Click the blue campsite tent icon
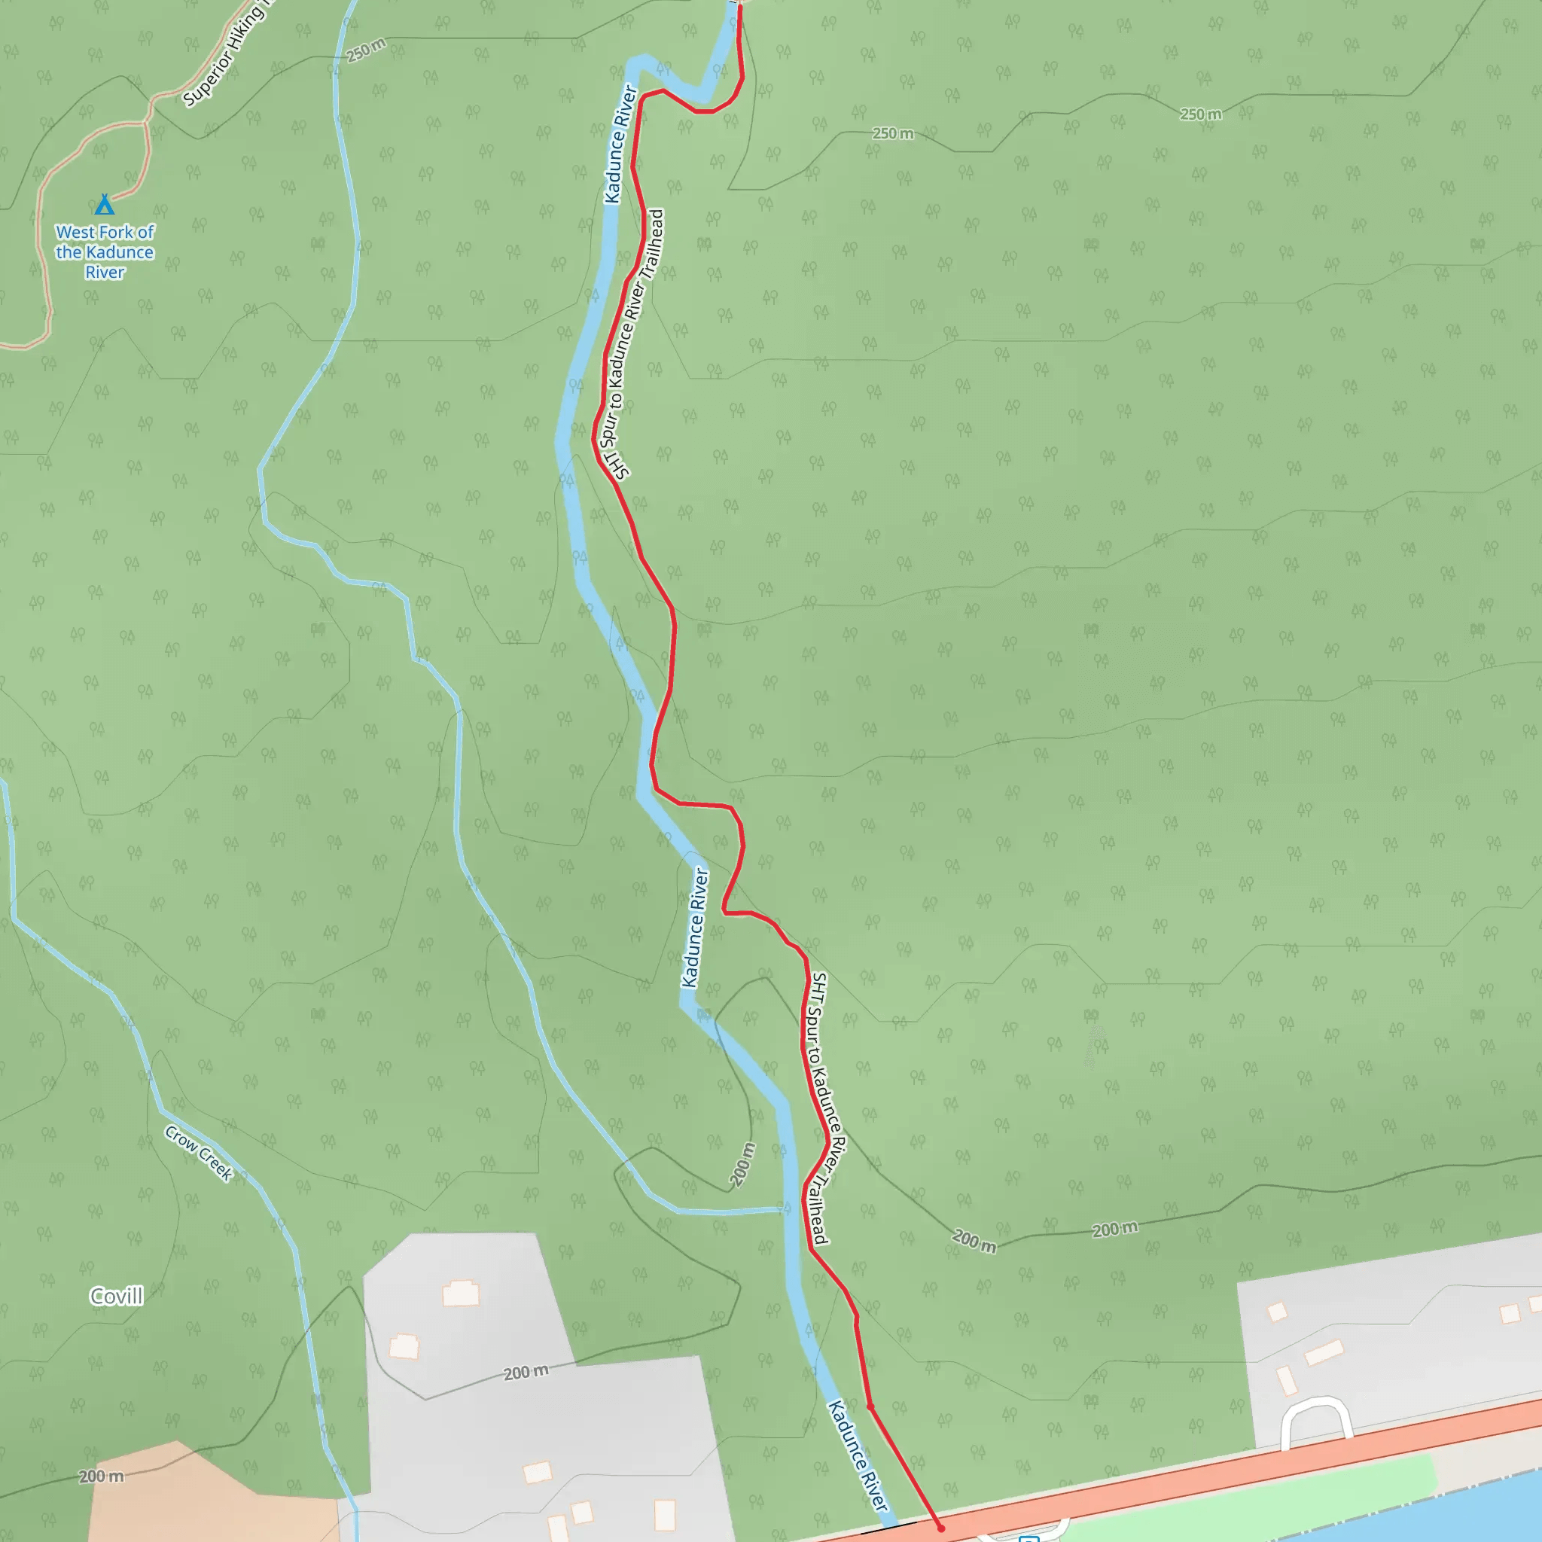[105, 205]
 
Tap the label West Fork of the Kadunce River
[105, 252]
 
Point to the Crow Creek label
[199, 1153]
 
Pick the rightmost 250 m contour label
[1200, 114]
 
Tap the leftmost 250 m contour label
[367, 50]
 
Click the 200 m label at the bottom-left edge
[102, 1476]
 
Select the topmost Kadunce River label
[620, 145]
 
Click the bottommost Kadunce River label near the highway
[858, 1457]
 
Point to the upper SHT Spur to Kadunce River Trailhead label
[636, 344]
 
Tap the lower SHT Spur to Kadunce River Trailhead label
[825, 1108]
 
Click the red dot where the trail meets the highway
[941, 1528]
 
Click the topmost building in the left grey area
[462, 1292]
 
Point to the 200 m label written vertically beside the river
[743, 1165]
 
